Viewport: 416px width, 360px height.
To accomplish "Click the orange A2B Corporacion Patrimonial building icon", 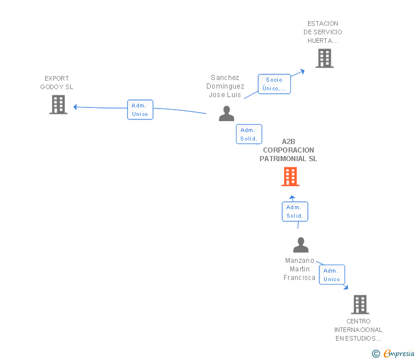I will click(290, 177).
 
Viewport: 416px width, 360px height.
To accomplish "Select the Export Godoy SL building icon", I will click(58, 105).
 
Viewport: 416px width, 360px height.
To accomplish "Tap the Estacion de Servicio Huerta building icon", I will click(325, 58).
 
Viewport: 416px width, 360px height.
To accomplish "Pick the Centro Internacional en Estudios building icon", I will click(359, 305).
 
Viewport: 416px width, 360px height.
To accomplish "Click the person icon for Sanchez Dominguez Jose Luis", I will click(227, 114).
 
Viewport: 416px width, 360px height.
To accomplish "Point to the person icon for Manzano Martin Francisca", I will click(301, 245).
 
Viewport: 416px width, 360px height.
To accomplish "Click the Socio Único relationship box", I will click(274, 84).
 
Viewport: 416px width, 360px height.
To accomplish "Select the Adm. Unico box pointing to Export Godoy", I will click(140, 110).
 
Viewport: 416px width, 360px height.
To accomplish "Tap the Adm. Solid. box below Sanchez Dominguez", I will click(249, 134).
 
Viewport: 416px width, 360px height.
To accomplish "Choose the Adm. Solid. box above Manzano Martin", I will click(295, 211).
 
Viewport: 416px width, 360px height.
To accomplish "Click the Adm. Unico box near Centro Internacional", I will click(332, 275).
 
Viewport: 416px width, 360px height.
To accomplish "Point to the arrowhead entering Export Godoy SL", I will click(75, 107).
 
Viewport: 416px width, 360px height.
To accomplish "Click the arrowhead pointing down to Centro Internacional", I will click(346, 287).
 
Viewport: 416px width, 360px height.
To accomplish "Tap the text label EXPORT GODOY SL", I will click(57, 83).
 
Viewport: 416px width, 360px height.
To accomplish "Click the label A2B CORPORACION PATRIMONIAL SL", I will click(289, 150).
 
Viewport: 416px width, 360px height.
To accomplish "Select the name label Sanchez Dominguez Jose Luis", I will click(225, 86).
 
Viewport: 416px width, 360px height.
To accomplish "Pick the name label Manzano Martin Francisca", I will click(299, 269).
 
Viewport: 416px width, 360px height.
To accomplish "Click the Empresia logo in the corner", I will click(399, 354).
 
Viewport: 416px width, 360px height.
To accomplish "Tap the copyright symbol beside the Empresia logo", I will click(376, 354).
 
